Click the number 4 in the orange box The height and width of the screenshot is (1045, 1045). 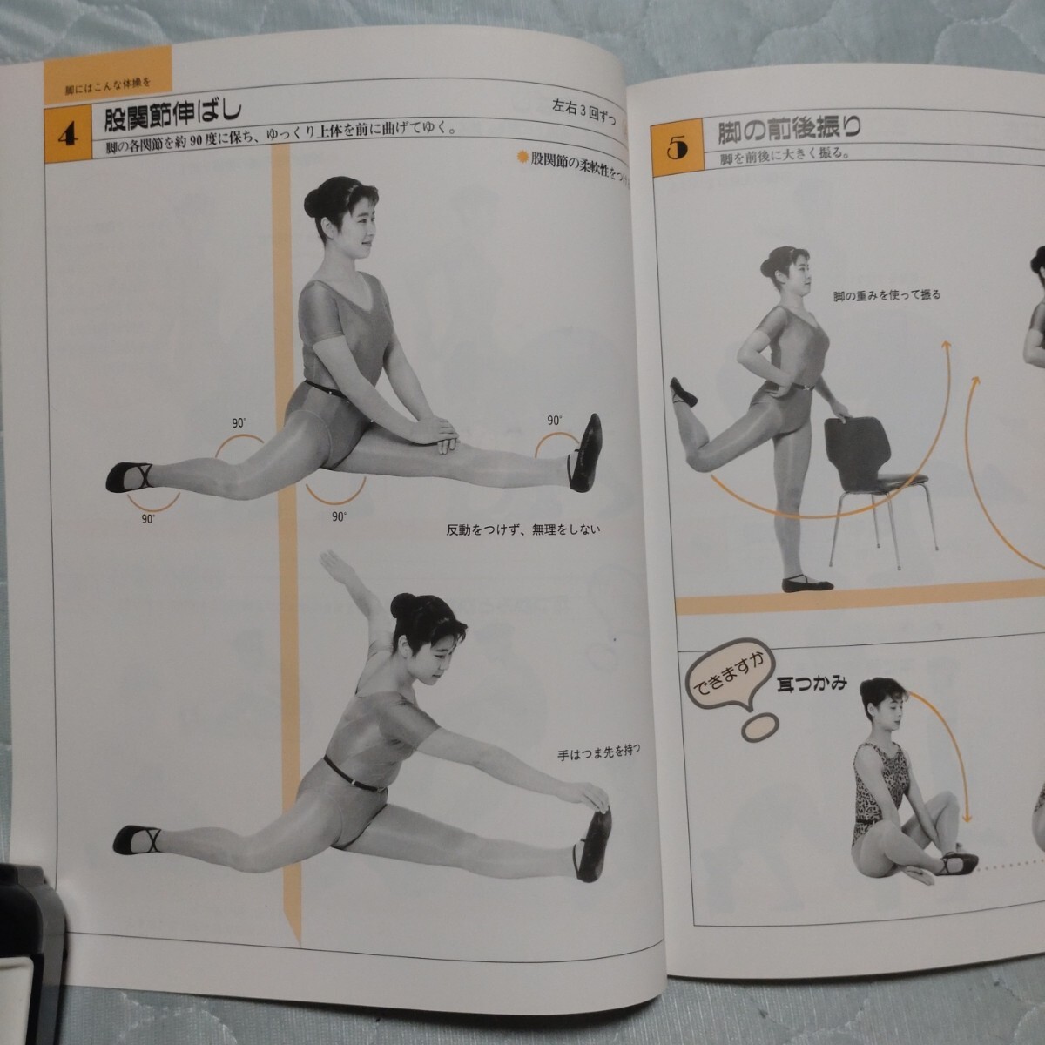(67, 136)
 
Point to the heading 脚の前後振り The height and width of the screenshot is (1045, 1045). (789, 131)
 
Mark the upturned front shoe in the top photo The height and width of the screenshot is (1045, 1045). (584, 449)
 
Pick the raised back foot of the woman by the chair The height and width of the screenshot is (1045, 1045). (684, 393)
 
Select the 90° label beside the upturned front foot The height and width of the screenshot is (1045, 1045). (553, 421)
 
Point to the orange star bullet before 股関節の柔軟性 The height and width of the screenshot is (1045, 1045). (522, 158)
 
